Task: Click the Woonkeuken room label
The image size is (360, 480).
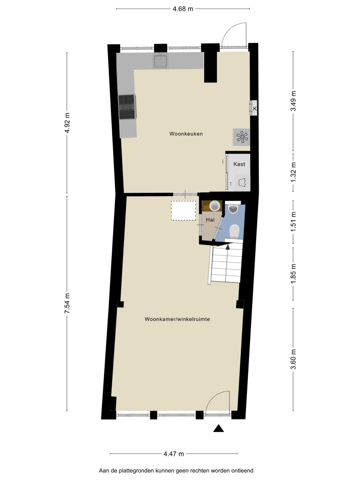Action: tap(186, 133)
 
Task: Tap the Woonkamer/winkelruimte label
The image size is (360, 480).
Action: tap(177, 319)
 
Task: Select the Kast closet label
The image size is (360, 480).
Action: tap(239, 164)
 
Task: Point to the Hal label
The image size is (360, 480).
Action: tap(210, 220)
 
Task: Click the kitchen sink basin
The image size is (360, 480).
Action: tap(160, 61)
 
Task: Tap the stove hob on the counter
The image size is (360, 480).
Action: tap(127, 107)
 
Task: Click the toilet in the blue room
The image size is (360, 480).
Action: tap(235, 231)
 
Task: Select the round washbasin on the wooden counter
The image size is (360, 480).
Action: tap(215, 206)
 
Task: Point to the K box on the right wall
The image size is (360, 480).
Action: tap(253, 108)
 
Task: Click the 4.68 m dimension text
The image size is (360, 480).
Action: tap(183, 9)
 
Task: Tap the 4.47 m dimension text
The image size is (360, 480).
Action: tap(174, 452)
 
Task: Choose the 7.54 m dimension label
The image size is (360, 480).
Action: tap(67, 303)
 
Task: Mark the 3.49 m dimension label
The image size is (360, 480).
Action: tap(293, 101)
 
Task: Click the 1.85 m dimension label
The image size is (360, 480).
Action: tap(293, 274)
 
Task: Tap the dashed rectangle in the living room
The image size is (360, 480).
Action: tap(183, 211)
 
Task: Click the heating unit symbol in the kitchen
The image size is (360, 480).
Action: tap(241, 137)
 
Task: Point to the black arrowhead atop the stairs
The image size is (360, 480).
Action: tap(228, 247)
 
